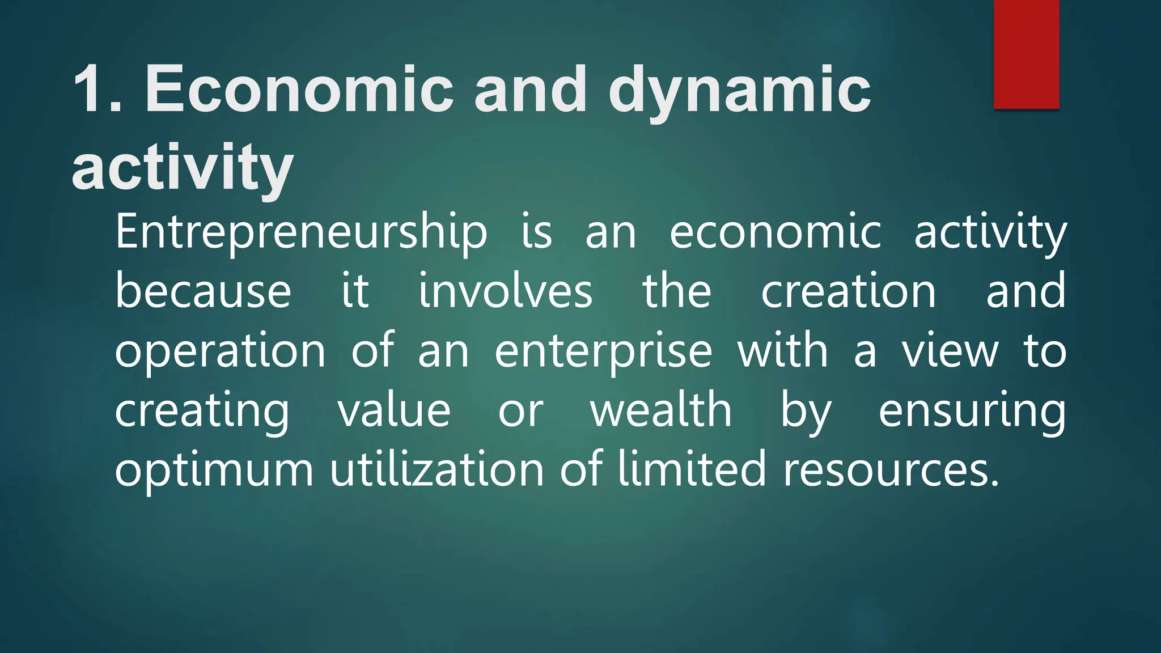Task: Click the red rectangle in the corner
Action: tap(1026, 54)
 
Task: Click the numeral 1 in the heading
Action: tap(91, 90)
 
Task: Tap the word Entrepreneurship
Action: tap(301, 232)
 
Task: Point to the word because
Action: tap(203, 291)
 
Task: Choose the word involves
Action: tap(505, 291)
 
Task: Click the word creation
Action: tap(848, 291)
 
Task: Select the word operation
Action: tap(220, 352)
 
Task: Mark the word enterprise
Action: tap(603, 352)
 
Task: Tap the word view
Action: tap(950, 351)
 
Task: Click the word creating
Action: tap(202, 412)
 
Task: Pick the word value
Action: tap(395, 410)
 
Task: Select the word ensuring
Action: tap(972, 412)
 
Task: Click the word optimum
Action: tap(214, 470)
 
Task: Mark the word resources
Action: tap(891, 470)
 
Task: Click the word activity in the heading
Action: tap(183, 168)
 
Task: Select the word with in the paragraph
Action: tap(782, 351)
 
